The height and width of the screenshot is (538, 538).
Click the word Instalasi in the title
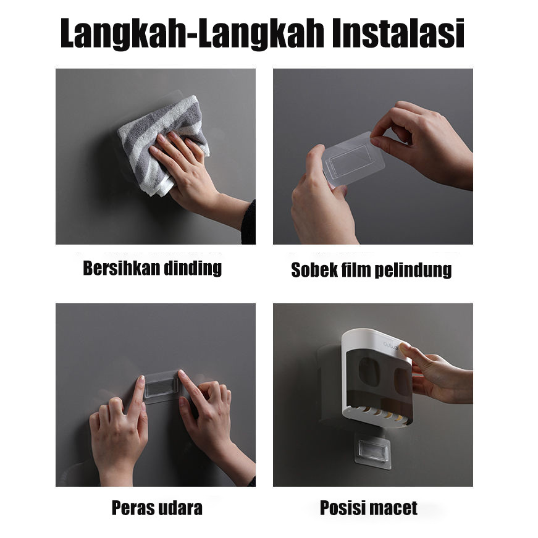coord(398,33)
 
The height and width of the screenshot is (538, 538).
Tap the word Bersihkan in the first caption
coord(122,268)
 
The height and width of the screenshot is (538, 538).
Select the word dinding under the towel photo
coord(193,268)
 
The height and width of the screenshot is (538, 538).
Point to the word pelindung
coord(413,271)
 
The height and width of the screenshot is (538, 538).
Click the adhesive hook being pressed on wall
coord(162,387)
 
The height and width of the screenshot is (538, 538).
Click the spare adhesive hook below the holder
coord(372,450)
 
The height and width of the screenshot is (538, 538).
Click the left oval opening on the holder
coord(369,372)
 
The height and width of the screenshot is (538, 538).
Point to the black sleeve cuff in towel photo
coord(249,222)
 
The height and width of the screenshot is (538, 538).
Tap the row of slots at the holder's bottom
coord(377,412)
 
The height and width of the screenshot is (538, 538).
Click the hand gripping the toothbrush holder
coord(435,372)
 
